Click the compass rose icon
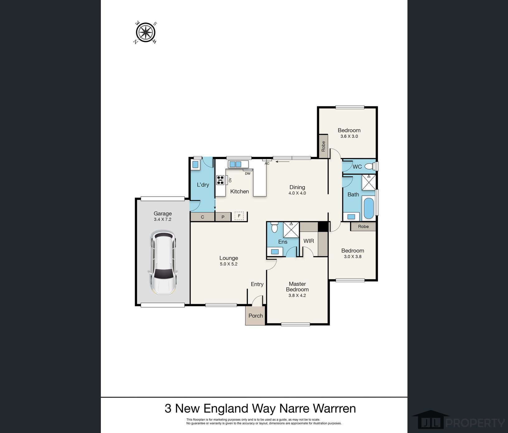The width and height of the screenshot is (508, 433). pos(146,32)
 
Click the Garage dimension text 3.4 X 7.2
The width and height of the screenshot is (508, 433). pos(162,219)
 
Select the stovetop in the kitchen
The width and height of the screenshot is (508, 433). pos(220,180)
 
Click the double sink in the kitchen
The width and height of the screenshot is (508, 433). pos(235,164)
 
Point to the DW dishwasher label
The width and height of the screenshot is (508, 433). pos(247,174)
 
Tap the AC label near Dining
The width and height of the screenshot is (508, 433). pos(267,163)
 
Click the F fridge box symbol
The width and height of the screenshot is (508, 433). pos(239,216)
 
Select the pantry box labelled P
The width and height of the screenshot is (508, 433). pos(223,217)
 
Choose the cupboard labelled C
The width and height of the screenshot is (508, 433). pos(202,217)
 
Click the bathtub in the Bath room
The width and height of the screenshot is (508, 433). pos(368,208)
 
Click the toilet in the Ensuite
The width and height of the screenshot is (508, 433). pos(274,227)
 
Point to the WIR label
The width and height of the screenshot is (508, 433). pos(308,241)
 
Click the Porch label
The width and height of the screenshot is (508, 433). pos(256,316)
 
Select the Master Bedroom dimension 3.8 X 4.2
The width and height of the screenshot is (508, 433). pos(297,296)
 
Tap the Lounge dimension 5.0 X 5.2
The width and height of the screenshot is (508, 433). pos(228,264)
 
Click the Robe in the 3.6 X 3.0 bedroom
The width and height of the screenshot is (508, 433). pos(323,146)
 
